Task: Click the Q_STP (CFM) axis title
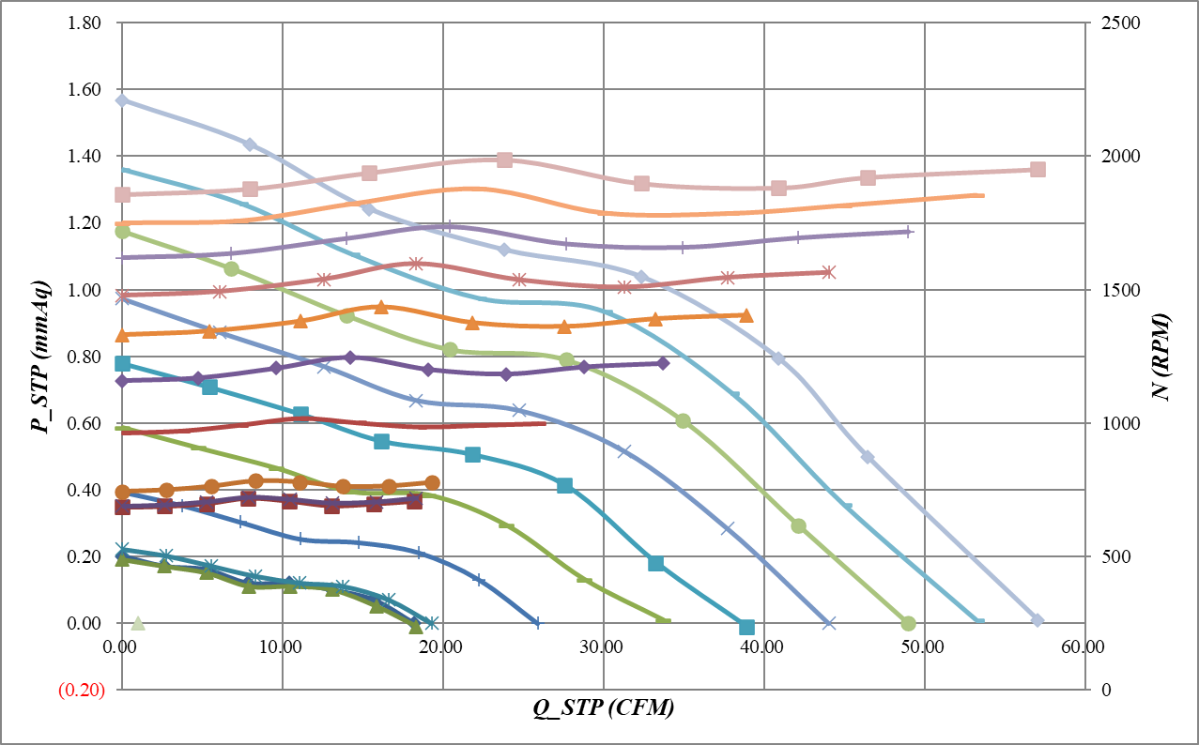pyautogui.click(x=603, y=709)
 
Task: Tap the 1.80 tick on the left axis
pyautogui.click(x=86, y=23)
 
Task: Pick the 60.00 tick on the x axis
pyautogui.click(x=1083, y=646)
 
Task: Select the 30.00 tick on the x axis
pyautogui.click(x=602, y=646)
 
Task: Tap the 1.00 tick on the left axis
pyautogui.click(x=86, y=291)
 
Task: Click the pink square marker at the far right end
pyautogui.click(x=1038, y=169)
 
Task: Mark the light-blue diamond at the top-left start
pyautogui.click(x=122, y=100)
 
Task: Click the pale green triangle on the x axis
pyautogui.click(x=138, y=623)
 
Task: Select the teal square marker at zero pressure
pyautogui.click(x=746, y=627)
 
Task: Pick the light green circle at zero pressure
pyautogui.click(x=908, y=623)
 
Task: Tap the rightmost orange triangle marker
pyautogui.click(x=746, y=315)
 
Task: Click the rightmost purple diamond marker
pyautogui.click(x=662, y=363)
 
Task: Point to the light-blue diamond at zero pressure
pyautogui.click(x=1038, y=620)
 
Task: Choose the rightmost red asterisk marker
pyautogui.click(x=828, y=272)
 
